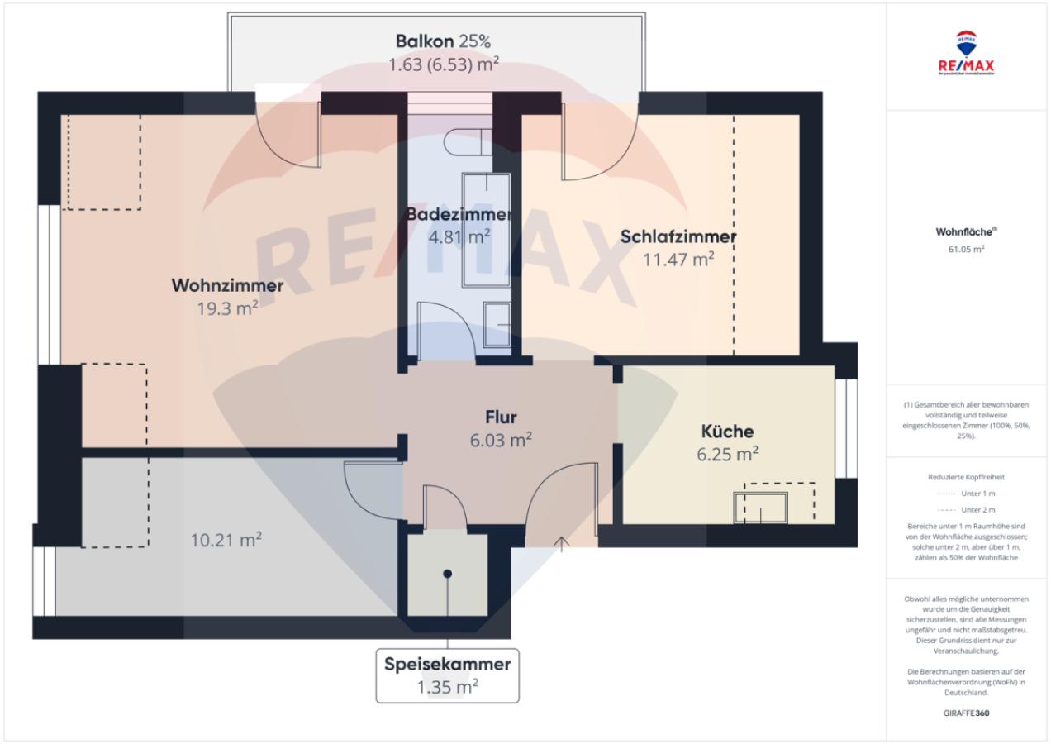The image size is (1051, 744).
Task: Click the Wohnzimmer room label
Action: (x=227, y=286)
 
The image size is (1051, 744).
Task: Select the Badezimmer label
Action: (x=458, y=214)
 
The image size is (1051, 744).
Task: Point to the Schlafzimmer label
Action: (x=678, y=237)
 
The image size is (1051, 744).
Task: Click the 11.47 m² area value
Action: (x=678, y=260)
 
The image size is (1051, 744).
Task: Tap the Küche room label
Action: (x=727, y=432)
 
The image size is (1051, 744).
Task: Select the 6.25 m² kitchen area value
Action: (x=727, y=454)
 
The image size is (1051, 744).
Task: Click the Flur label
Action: (x=502, y=417)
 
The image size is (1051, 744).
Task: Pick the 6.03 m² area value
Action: (x=502, y=440)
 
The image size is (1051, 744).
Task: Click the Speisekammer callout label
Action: (x=447, y=664)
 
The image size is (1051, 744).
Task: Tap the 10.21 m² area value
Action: (x=226, y=541)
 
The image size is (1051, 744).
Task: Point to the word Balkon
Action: (x=425, y=41)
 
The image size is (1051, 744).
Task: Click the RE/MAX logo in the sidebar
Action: (x=965, y=55)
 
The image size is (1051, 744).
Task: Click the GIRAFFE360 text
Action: (x=965, y=713)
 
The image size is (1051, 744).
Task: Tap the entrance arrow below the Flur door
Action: (x=562, y=543)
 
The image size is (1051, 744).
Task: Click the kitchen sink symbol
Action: (x=761, y=507)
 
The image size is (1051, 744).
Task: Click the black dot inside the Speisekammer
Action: (x=447, y=574)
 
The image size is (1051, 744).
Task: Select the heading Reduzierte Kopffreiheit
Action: (x=965, y=477)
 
